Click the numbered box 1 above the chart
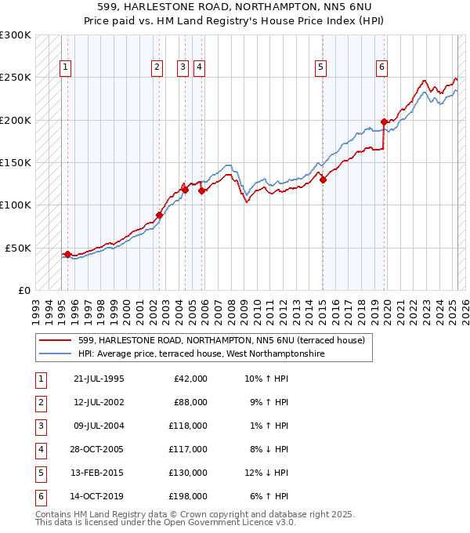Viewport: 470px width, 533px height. point(64,67)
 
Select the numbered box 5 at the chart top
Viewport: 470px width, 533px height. point(321,67)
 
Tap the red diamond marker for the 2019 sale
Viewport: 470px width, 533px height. point(384,121)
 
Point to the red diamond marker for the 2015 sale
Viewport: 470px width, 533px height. point(323,179)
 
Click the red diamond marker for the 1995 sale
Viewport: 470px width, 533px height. point(67,254)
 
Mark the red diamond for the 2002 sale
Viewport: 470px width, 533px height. point(159,215)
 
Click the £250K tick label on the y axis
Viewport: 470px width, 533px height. point(16,78)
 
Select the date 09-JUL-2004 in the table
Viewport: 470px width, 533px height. point(99,425)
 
